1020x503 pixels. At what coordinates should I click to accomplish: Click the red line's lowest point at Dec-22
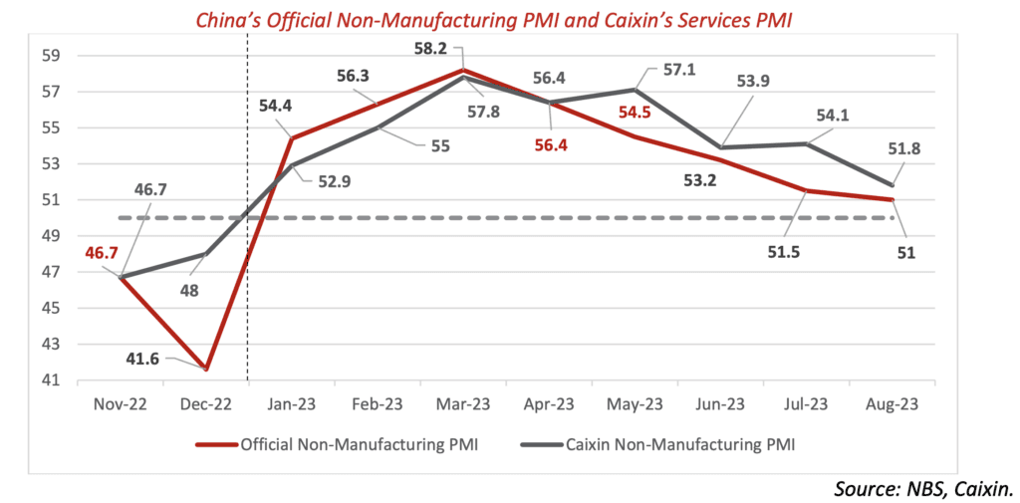point(207,370)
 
